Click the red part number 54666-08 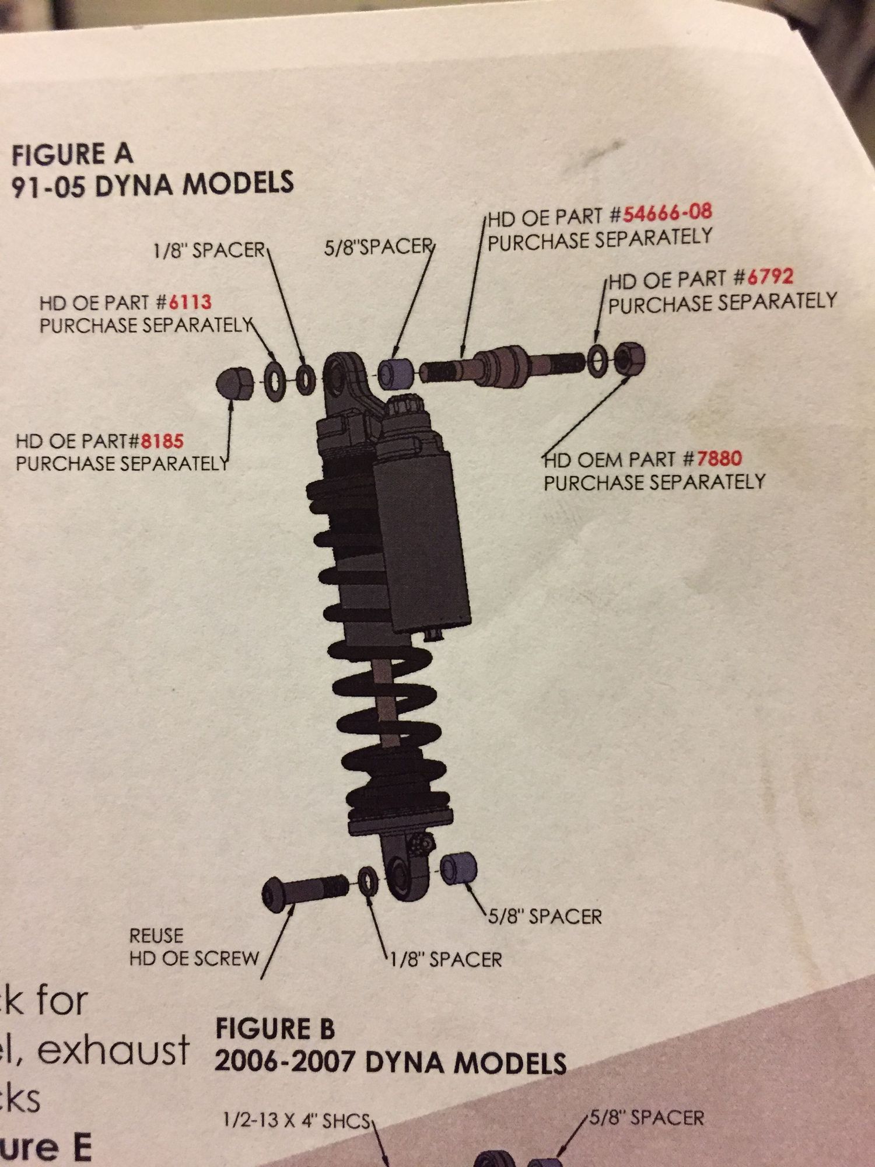[667, 213]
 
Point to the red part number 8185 [162, 440]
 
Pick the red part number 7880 [718, 458]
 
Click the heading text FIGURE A [72, 155]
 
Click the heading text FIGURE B [275, 1029]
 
